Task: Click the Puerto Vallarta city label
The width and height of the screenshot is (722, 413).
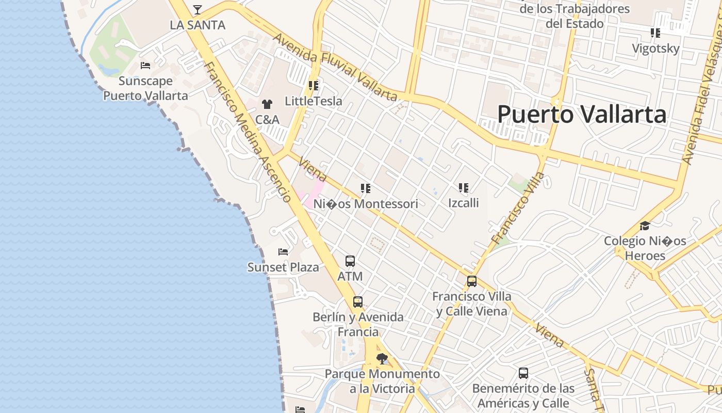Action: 582,114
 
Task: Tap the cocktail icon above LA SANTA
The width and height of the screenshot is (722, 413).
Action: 198,9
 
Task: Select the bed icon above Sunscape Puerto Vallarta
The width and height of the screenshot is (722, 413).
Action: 145,66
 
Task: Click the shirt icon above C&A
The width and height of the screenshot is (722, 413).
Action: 267,104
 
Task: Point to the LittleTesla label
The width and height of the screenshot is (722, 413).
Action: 314,101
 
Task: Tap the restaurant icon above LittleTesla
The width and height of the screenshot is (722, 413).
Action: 314,85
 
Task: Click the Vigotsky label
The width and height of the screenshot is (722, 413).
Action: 656,49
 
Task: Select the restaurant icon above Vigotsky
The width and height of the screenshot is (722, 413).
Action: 655,33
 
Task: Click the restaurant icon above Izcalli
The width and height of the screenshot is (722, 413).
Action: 463,188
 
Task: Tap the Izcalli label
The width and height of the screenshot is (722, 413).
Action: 463,203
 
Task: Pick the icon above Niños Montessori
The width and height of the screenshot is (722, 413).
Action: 366,188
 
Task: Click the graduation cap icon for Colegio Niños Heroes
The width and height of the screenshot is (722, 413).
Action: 645,226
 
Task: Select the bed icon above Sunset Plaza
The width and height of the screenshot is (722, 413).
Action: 283,252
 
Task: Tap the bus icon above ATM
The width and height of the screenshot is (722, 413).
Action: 350,261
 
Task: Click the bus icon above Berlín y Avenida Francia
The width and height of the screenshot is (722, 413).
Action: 358,302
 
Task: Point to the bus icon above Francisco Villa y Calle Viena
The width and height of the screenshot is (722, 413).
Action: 472,281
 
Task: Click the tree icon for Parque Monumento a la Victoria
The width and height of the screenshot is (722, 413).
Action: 382,359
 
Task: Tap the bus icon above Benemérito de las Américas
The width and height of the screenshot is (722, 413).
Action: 523,373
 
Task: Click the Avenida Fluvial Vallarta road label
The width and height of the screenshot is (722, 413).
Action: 335,67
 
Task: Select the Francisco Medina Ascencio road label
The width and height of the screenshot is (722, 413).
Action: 248,132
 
